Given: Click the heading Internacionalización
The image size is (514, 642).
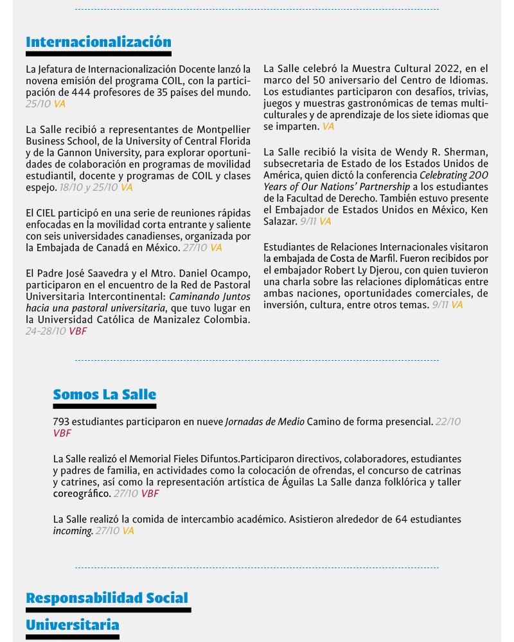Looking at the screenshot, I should click(98, 42).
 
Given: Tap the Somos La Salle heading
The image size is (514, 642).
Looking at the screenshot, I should click(104, 394).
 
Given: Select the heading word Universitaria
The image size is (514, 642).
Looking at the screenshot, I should click(73, 625).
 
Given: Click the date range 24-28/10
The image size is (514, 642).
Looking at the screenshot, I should click(46, 331).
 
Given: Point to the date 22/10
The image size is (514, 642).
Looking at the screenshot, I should click(448, 422).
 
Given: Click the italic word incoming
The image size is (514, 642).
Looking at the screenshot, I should click(73, 531).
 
